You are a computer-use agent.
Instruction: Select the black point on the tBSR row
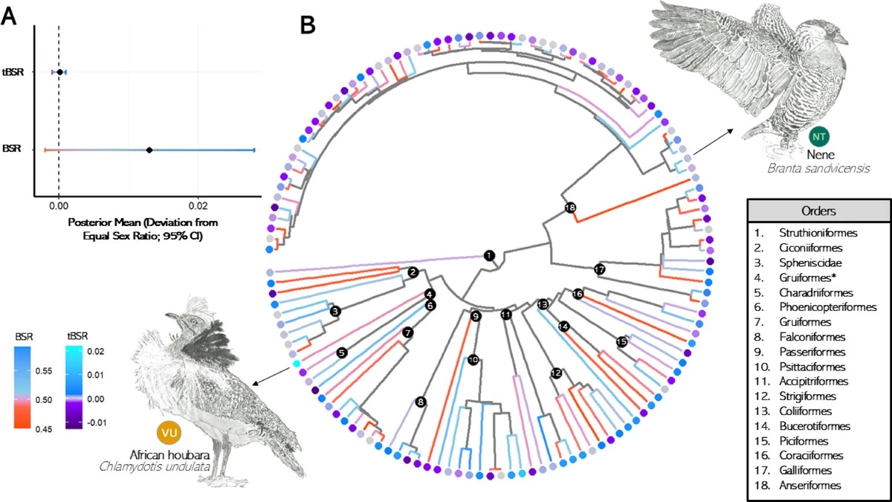[x=59, y=72]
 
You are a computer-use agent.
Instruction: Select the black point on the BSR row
[x=149, y=150]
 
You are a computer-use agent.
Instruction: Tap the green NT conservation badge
[x=820, y=137]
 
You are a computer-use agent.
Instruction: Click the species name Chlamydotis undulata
[x=167, y=467]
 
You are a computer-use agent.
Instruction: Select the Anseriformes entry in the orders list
[x=814, y=486]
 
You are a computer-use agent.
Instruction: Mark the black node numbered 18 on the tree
[x=570, y=207]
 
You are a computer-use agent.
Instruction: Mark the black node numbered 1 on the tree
[x=488, y=255]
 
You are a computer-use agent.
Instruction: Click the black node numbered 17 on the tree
[x=600, y=268]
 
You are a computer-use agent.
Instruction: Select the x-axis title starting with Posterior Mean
[x=147, y=229]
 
